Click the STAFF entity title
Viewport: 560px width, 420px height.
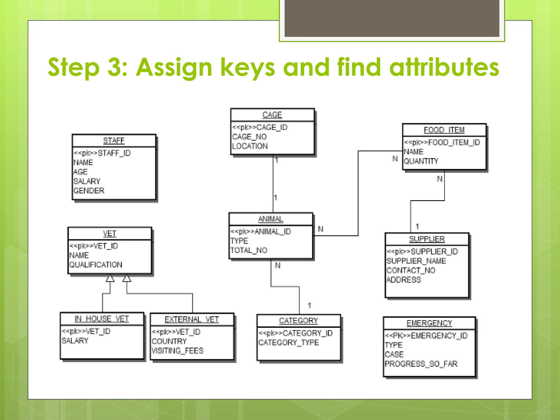pyautogui.click(x=114, y=141)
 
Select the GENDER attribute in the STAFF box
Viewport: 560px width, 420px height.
pyautogui.click(x=89, y=191)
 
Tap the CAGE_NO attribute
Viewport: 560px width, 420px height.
pyautogui.click(x=249, y=137)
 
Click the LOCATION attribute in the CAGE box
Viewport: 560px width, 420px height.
pyautogui.click(x=250, y=146)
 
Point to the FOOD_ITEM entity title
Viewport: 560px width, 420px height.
pyautogui.click(x=444, y=130)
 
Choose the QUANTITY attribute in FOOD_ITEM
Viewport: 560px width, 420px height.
pyautogui.click(x=421, y=161)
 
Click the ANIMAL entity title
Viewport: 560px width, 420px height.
pyautogui.click(x=271, y=219)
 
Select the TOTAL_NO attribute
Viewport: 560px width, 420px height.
pyautogui.click(x=249, y=250)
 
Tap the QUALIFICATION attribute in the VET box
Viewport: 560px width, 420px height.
pyautogui.click(x=96, y=265)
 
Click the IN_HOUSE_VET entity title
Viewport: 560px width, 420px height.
pyautogui.click(x=102, y=319)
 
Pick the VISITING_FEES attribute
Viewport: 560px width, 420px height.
pyautogui.click(x=177, y=351)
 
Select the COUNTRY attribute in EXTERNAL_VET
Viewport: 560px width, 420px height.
pyautogui.click(x=169, y=341)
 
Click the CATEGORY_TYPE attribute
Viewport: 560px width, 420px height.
pyautogui.click(x=288, y=343)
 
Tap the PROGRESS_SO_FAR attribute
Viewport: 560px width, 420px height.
pyautogui.click(x=421, y=364)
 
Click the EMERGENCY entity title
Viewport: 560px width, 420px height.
pyautogui.click(x=429, y=323)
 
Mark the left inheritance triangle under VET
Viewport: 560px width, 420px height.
pyautogui.click(x=110, y=278)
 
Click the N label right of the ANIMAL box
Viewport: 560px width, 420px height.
pyautogui.click(x=321, y=229)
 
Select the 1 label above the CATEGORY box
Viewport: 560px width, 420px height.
pyautogui.click(x=309, y=305)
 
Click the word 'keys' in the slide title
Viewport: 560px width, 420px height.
pyautogui.click(x=248, y=67)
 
